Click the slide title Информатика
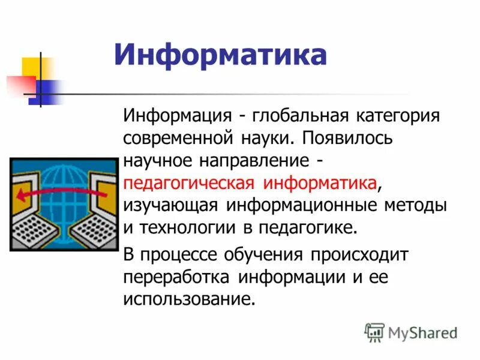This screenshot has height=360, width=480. pos(221,55)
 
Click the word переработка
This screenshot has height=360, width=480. pos(176,278)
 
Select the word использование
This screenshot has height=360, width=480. pos(186,300)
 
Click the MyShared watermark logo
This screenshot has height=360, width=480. pos(411,332)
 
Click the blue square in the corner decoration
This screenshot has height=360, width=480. pos(45,90)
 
